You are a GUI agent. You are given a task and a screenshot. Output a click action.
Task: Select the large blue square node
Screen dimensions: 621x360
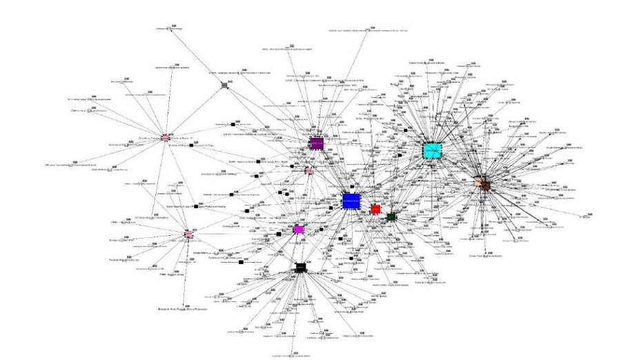click(x=351, y=201)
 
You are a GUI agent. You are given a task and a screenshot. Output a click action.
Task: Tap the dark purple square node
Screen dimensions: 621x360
click(x=317, y=143)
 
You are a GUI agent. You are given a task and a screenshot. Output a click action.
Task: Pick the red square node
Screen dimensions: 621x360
click(x=375, y=209)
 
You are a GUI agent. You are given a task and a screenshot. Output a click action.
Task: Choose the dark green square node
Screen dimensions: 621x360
click(x=391, y=217)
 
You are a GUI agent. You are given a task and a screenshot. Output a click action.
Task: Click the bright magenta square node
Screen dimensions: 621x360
click(x=298, y=229)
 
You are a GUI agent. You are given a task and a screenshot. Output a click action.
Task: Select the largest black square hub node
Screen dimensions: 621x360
click(x=300, y=267)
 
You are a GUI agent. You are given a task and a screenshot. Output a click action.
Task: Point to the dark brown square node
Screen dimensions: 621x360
click(x=486, y=186)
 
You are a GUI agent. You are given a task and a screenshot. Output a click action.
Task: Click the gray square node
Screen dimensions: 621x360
click(x=224, y=86)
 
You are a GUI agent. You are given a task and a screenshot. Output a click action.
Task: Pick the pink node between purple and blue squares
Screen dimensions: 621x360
click(x=309, y=170)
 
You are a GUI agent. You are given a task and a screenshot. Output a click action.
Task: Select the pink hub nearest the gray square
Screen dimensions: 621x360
click(x=166, y=138)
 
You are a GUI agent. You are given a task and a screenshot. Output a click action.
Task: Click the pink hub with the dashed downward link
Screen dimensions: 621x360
click(x=188, y=235)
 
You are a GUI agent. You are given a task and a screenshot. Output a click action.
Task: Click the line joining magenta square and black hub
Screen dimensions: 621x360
click(x=299, y=248)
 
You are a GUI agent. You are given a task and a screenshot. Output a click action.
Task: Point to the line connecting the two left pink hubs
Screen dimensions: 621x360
click(x=177, y=186)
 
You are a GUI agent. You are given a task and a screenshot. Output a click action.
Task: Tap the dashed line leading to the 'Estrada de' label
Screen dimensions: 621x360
click(x=185, y=276)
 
